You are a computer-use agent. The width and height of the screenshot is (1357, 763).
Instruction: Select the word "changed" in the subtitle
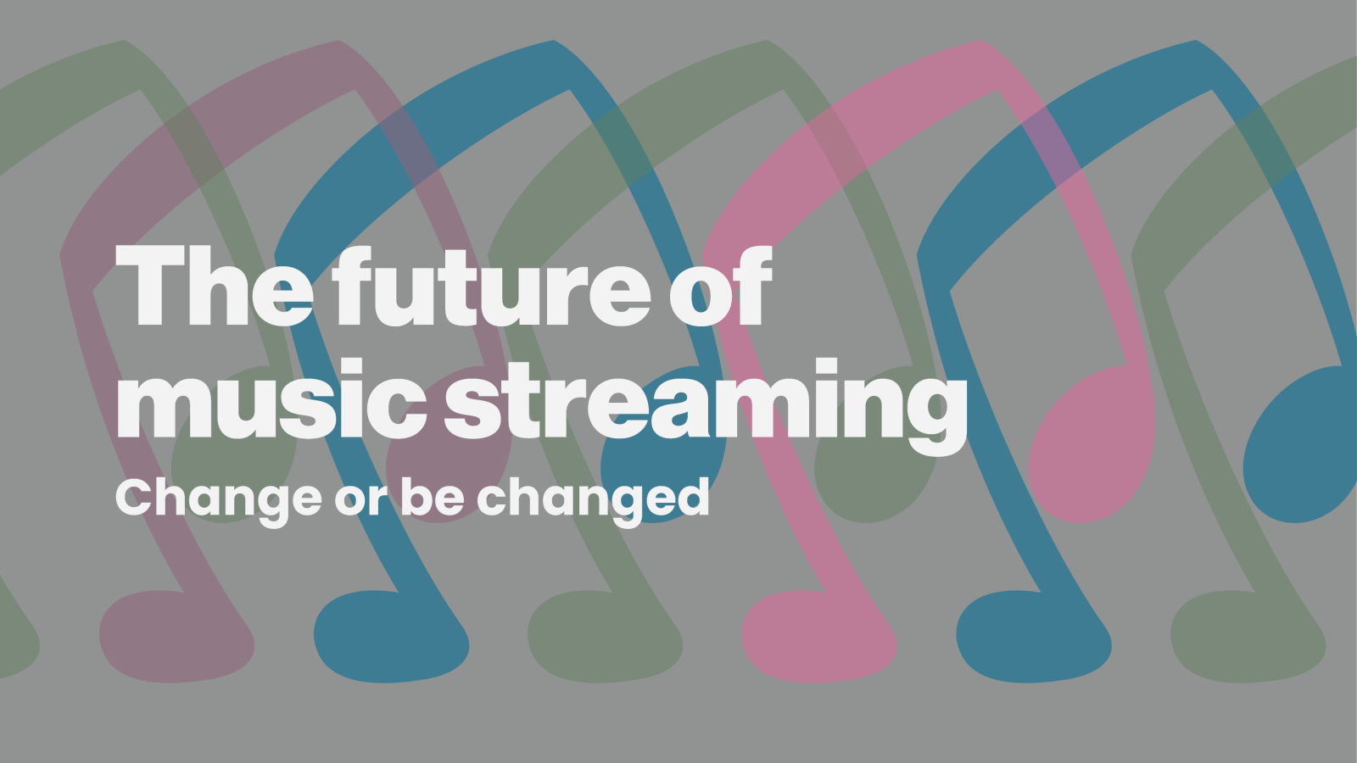(x=593, y=498)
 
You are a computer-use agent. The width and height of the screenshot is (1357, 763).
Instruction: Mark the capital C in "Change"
(x=135, y=498)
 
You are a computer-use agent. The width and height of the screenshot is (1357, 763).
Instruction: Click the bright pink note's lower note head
(x=818, y=636)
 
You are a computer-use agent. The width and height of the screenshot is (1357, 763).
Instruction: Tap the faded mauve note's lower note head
(x=176, y=636)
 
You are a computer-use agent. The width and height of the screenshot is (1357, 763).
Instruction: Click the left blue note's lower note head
(x=390, y=636)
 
